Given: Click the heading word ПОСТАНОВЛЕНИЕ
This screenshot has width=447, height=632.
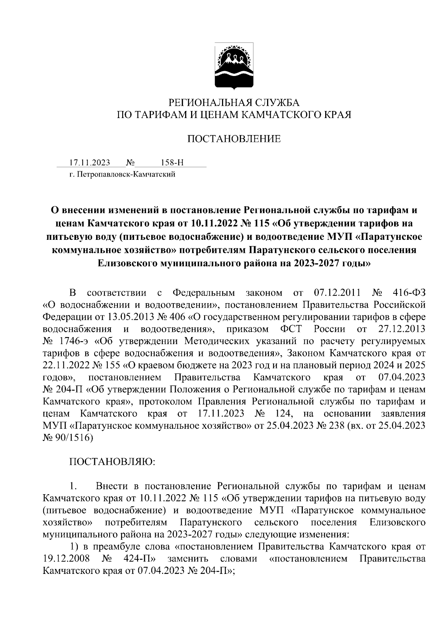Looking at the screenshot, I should pos(234,139).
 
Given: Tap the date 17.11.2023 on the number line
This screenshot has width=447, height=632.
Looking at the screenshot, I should pos(89,163).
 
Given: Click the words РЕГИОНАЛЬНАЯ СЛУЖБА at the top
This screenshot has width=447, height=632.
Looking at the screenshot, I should pos(234,102).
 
